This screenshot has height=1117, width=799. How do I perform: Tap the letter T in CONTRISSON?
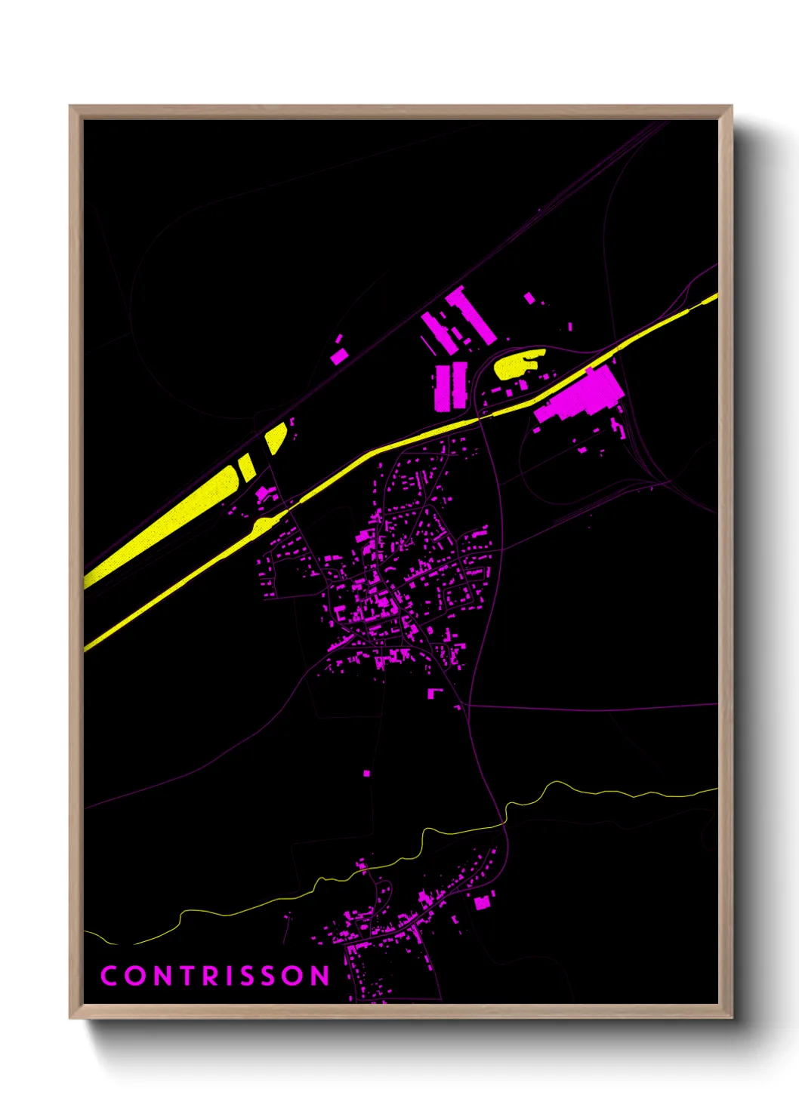pyautogui.click(x=182, y=976)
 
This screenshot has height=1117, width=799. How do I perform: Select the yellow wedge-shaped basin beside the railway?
pyautogui.click(x=274, y=437)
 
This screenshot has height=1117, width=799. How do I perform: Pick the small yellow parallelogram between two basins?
pyautogui.click(x=247, y=467)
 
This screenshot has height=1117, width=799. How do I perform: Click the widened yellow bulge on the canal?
pyautogui.click(x=263, y=525)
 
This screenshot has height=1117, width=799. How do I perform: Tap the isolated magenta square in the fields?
pyautogui.click(x=366, y=773)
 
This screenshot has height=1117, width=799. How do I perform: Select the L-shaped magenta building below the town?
pyautogui.click(x=434, y=693)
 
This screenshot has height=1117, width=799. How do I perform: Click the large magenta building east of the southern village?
pyautogui.click(x=481, y=901)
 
